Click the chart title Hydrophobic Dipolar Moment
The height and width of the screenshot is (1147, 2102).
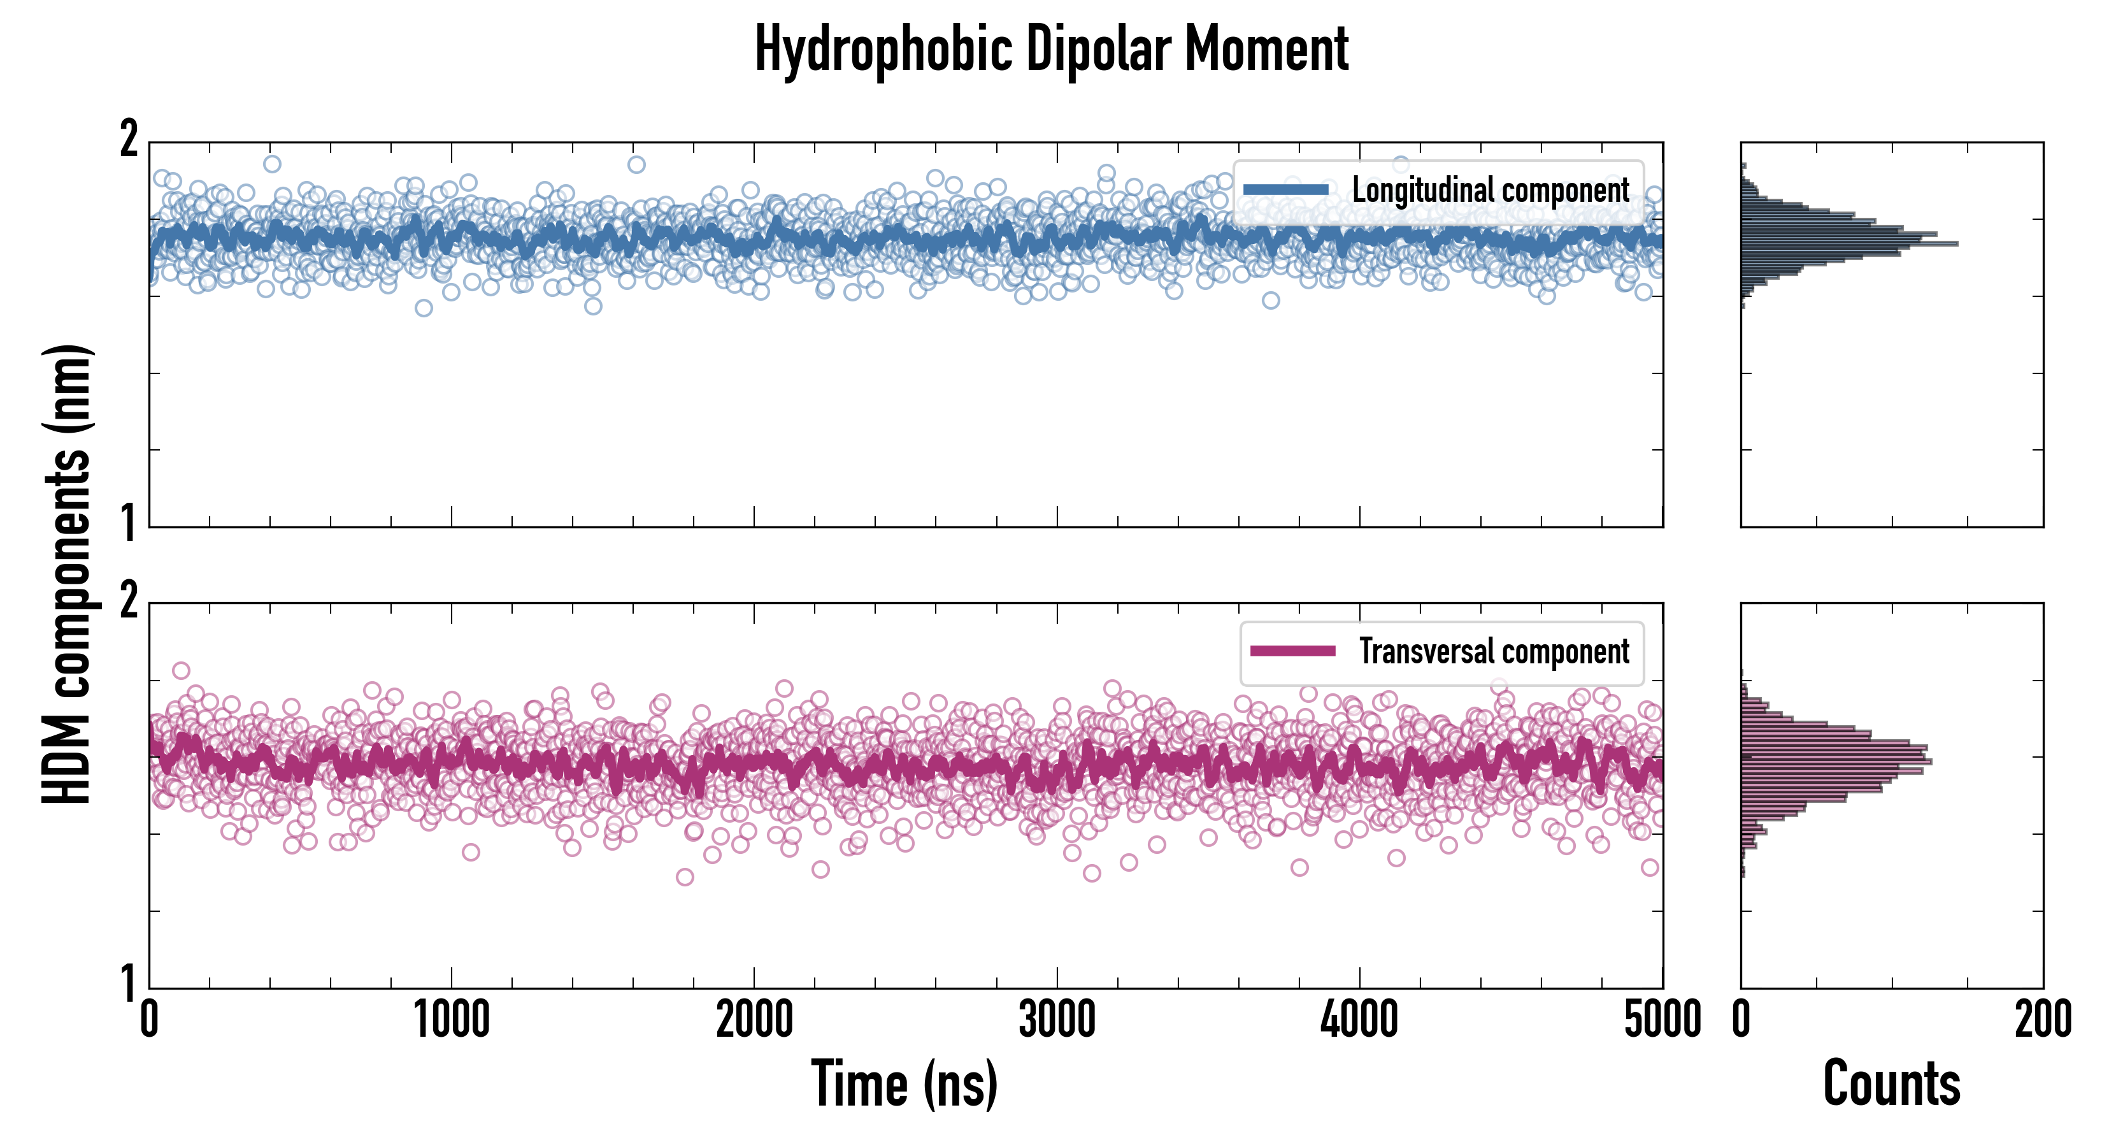pos(1051,49)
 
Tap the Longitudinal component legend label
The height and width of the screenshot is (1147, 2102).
pos(1490,191)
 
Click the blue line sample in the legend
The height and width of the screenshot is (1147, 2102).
pos(1286,191)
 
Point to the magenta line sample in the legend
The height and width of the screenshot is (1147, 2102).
pos(1292,651)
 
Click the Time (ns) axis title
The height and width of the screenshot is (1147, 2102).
pos(904,1083)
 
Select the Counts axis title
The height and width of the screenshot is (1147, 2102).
pos(1891,1083)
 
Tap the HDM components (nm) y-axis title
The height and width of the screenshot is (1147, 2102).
pos(67,574)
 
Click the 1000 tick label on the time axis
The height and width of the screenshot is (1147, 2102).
pos(451,1020)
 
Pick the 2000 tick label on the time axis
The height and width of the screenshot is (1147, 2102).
pos(754,1020)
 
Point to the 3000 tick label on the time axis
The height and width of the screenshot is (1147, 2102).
pos(1057,1020)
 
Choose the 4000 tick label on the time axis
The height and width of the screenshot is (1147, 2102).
pos(1359,1020)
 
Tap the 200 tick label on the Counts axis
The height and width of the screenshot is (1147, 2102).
pos(2042,1020)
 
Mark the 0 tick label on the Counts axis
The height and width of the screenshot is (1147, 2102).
pos(1741,1020)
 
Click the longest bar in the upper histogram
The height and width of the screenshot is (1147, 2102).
pos(1849,243)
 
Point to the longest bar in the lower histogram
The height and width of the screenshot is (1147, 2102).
pos(1836,761)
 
